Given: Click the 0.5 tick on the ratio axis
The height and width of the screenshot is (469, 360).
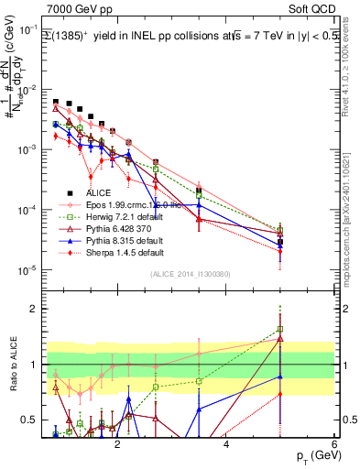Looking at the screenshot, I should pos(27,420).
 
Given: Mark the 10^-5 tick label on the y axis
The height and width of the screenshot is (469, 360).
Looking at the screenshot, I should pos(25,269).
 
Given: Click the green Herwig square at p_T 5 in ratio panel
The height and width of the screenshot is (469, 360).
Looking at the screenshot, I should pos(280,329).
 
